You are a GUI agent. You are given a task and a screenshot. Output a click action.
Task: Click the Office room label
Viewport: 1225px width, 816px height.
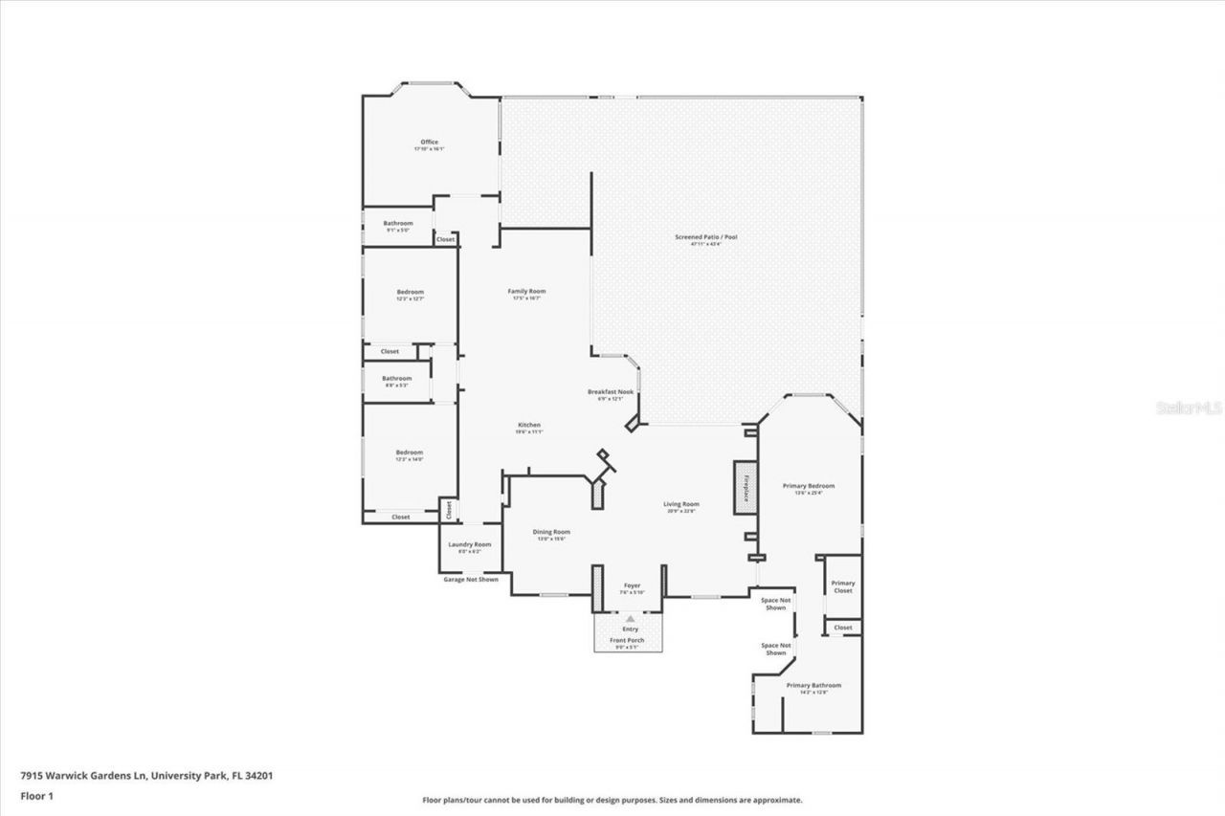pos(429,143)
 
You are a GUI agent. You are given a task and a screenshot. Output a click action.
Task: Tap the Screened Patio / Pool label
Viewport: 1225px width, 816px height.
pos(706,237)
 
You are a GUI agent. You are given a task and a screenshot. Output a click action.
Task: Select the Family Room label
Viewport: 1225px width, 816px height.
pos(526,291)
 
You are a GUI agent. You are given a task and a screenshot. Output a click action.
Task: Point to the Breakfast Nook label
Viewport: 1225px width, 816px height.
pos(611,392)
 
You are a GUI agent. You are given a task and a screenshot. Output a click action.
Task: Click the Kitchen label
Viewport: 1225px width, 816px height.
pos(529,425)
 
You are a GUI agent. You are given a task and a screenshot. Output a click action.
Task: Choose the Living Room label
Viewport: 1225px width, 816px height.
pos(681,504)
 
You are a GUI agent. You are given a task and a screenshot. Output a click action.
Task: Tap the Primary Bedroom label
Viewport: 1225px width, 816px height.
pos(809,486)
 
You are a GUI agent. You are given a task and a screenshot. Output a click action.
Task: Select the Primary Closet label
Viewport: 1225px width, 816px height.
pos(842,586)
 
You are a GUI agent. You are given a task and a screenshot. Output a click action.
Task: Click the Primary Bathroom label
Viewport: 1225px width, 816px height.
pos(813,685)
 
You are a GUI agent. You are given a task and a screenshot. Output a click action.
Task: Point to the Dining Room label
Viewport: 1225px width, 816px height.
pos(551,532)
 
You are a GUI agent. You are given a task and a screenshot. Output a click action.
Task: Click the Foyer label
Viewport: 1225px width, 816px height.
pos(632,585)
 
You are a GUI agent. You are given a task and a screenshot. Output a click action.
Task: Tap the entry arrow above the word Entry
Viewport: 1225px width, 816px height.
pos(630,620)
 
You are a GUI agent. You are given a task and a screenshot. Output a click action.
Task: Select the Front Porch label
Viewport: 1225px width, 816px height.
pos(628,640)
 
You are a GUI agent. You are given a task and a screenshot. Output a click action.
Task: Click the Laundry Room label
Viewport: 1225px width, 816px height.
pos(470,544)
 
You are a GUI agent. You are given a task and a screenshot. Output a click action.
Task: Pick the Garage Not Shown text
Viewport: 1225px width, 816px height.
pos(470,580)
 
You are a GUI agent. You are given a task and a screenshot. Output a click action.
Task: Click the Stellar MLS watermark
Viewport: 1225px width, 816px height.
pos(1190,407)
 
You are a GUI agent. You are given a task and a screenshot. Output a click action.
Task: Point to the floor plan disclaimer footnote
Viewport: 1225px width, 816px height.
pos(612,800)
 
